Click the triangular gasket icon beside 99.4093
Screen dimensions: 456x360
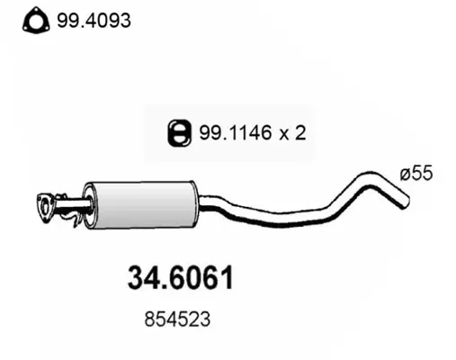36,21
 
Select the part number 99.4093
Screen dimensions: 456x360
94,21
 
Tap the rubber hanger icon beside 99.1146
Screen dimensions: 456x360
179,133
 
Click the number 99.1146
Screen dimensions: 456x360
236,132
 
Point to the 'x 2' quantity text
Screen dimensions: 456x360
292,133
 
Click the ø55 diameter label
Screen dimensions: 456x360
416,173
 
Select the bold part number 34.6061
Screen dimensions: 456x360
180,277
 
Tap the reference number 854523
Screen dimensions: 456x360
177,319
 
